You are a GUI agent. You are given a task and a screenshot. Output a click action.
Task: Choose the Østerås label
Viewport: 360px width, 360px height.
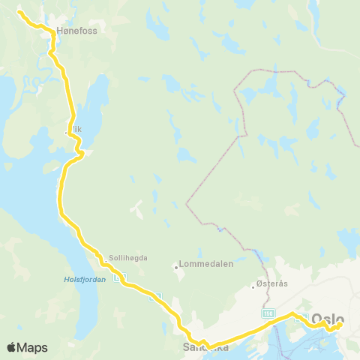(271, 286)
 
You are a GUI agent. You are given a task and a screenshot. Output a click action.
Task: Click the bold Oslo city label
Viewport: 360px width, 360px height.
(327, 318)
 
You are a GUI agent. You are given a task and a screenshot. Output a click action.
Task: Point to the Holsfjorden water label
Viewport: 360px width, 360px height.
(73, 282)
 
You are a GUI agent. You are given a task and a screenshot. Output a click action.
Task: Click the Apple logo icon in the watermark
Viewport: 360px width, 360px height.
(12, 347)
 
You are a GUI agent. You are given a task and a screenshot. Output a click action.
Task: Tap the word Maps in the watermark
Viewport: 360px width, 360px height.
(33, 347)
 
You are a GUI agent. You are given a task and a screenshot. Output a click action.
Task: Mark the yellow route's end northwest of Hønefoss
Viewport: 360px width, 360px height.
(19, 12)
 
